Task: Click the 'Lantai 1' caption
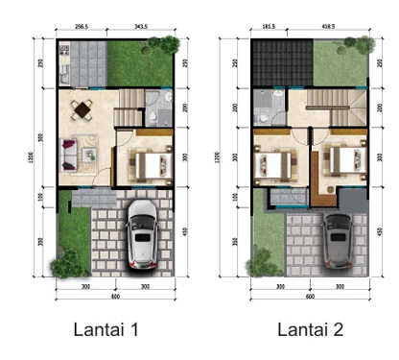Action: pos(107,330)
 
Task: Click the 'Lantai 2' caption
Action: pos(311,330)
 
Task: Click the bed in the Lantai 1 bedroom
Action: pos(147,163)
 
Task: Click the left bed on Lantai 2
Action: pos(271,164)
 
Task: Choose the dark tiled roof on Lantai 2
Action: pos(278,63)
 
